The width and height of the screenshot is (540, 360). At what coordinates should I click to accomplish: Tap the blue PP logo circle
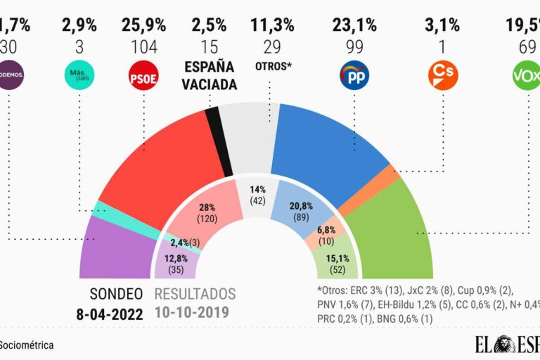pyautogui.click(x=354, y=75)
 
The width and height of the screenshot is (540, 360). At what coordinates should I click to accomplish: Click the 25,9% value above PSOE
pyautogui.click(x=143, y=26)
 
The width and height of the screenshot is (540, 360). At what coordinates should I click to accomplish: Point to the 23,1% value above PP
pyautogui.click(x=354, y=26)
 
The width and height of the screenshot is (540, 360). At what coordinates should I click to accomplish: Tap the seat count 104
pyautogui.click(x=143, y=47)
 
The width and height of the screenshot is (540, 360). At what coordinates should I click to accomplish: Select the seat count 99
pyautogui.click(x=354, y=47)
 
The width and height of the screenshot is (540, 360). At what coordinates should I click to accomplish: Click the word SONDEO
pyautogui.click(x=116, y=293)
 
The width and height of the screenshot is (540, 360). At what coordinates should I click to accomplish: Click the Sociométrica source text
pyautogui.click(x=27, y=345)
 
